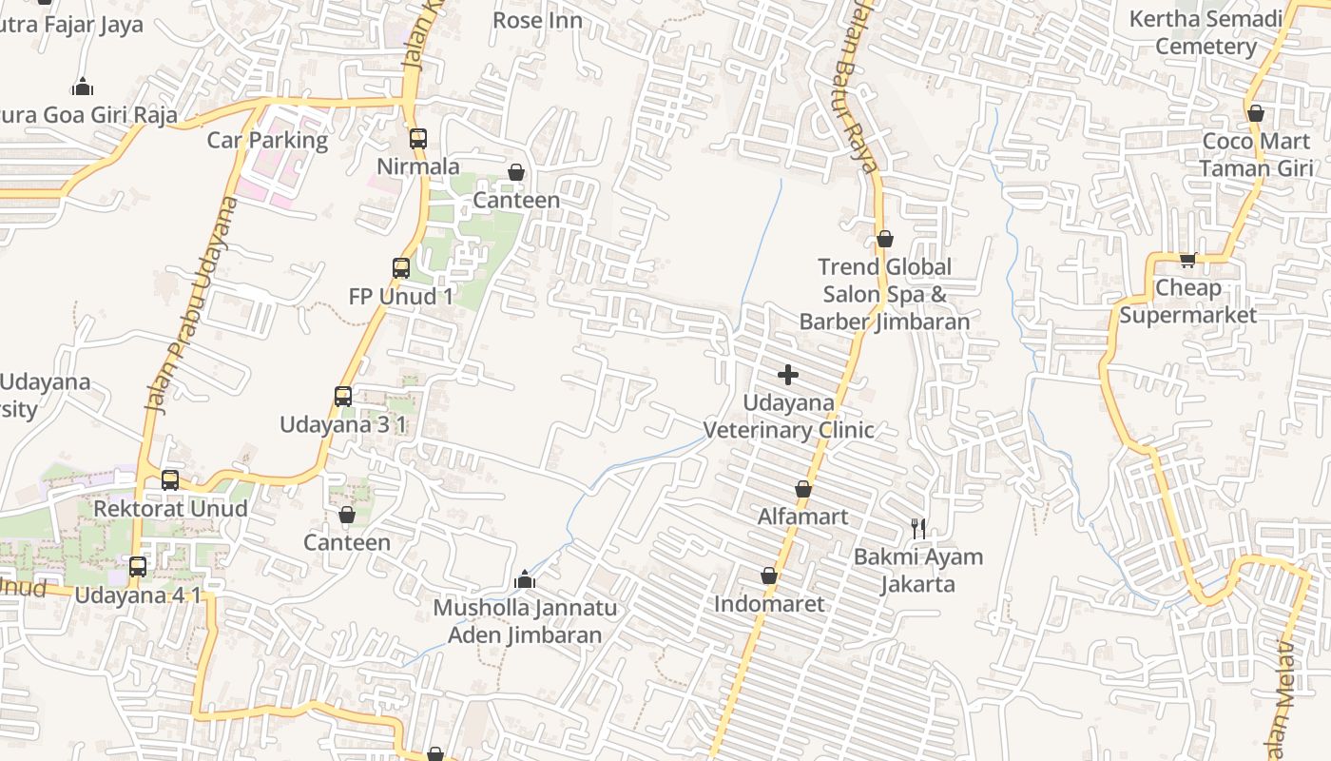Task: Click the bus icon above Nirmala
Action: pyautogui.click(x=417, y=139)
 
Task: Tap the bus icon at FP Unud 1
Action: pyautogui.click(x=401, y=268)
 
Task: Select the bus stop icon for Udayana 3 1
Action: pyautogui.click(x=343, y=397)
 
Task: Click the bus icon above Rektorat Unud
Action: pyautogui.click(x=170, y=480)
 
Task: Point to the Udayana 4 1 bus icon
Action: pyautogui.click(x=138, y=568)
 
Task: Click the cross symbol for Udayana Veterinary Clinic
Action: pyautogui.click(x=788, y=375)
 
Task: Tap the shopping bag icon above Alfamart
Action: pyautogui.click(x=803, y=490)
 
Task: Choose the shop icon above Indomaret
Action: pyautogui.click(x=769, y=576)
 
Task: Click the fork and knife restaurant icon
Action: pyautogui.click(x=917, y=529)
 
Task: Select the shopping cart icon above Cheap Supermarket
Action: pyautogui.click(x=1187, y=260)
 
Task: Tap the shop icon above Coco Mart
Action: pyautogui.click(x=1256, y=114)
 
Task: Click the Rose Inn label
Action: pyautogui.click(x=537, y=20)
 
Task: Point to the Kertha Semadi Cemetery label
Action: pyautogui.click(x=1206, y=32)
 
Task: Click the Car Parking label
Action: pyautogui.click(x=267, y=141)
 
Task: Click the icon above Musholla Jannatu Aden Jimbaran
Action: pyautogui.click(x=525, y=579)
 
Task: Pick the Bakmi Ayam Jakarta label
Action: pyautogui.click(x=917, y=570)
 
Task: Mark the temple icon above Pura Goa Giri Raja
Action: pyautogui.click(x=83, y=88)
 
